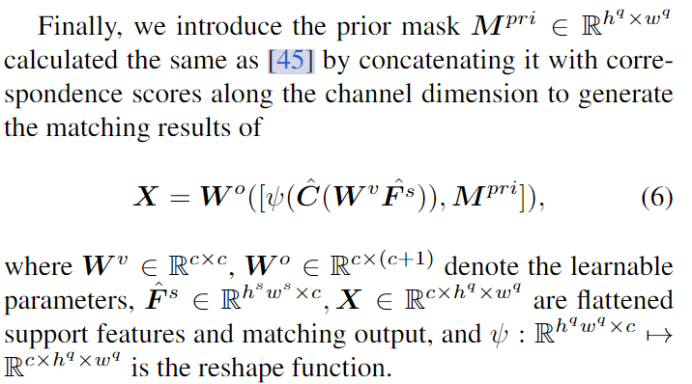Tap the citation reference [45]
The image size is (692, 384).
coord(288,61)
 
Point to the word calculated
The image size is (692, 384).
coord(58,61)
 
